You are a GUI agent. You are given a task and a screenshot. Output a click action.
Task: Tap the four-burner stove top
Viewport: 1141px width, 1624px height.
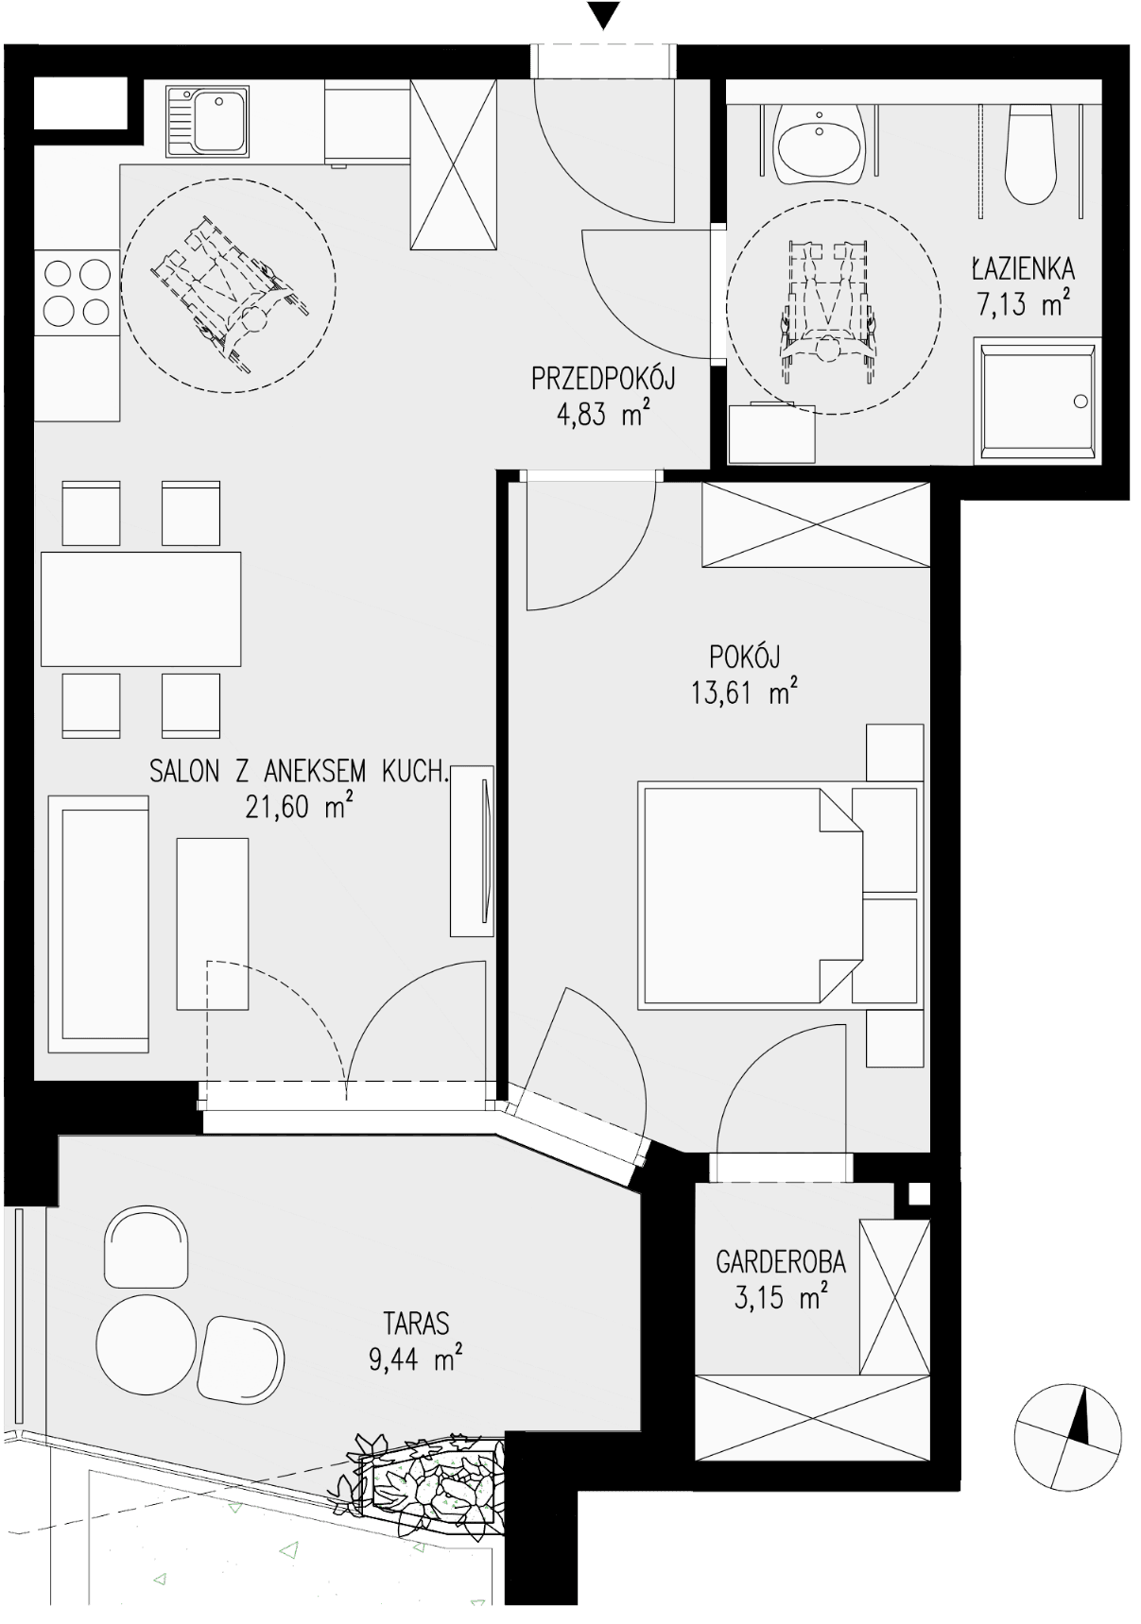(78, 292)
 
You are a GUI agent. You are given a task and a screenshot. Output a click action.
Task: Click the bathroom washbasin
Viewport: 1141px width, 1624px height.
(819, 144)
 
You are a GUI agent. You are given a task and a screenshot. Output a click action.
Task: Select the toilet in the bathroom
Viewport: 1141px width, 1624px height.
(1029, 153)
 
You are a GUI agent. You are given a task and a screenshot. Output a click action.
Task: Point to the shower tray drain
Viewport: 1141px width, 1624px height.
(1081, 402)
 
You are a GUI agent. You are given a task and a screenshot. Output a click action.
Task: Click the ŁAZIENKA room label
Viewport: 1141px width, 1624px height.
(1023, 269)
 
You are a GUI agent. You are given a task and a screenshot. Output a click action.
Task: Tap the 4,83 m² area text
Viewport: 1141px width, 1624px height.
(602, 416)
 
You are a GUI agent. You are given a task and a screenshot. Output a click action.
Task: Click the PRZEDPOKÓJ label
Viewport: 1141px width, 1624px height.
(603, 380)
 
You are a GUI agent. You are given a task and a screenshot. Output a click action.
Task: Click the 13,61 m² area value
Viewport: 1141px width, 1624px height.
(745, 692)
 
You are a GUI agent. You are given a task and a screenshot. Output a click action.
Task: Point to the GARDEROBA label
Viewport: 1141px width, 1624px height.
(781, 1261)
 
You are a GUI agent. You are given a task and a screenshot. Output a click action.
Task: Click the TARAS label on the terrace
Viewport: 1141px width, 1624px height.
(416, 1323)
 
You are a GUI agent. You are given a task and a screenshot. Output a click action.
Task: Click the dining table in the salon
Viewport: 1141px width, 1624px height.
(141, 609)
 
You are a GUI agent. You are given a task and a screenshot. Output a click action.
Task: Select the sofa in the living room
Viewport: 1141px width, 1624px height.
(98, 924)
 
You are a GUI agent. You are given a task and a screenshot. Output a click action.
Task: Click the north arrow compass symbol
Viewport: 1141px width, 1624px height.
(1068, 1440)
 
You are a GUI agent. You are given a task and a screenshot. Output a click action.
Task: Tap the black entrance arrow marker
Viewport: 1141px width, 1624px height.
(603, 16)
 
